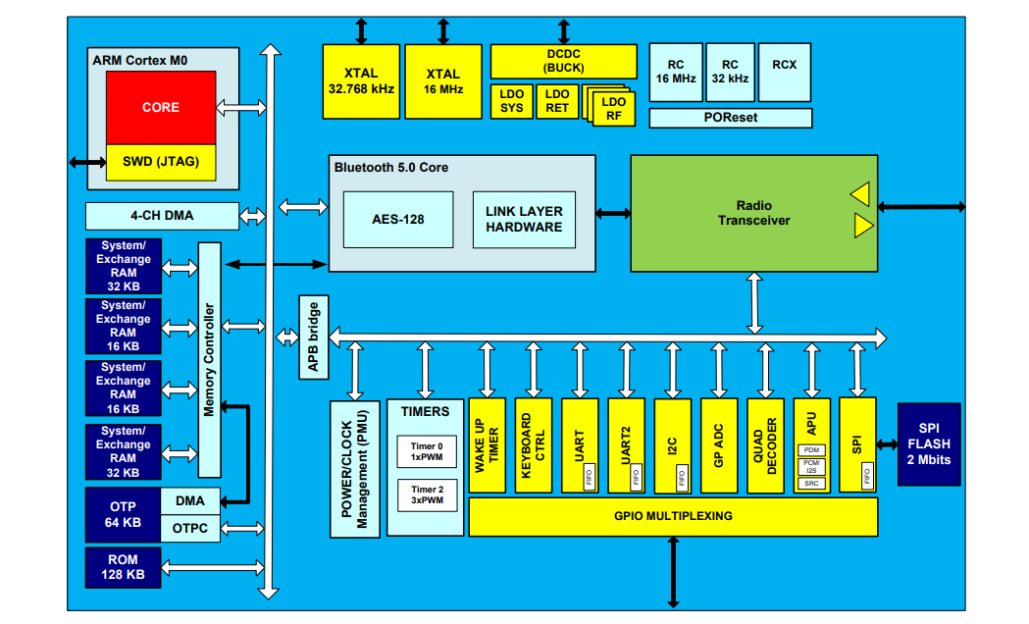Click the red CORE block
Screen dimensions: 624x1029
click(x=161, y=107)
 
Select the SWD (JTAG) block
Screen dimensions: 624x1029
click(x=161, y=162)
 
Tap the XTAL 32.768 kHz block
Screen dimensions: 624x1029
click(x=361, y=80)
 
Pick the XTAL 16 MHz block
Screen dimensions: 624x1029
click(x=443, y=80)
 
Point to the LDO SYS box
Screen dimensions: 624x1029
click(x=511, y=101)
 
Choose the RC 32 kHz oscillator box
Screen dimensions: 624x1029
click(x=730, y=72)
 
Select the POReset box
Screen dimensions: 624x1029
click(x=731, y=118)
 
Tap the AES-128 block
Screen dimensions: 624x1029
click(x=398, y=220)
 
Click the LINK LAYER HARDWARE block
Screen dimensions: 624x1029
click(x=524, y=220)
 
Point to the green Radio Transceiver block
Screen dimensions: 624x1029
click(x=753, y=213)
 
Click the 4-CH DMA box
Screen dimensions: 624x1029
click(x=162, y=216)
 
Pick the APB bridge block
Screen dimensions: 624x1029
click(x=313, y=338)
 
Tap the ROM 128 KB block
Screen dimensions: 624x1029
click(x=123, y=566)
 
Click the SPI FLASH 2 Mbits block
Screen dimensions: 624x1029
click(x=928, y=444)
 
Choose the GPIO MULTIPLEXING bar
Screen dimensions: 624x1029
click(x=673, y=516)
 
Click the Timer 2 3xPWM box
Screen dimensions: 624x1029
click(x=427, y=494)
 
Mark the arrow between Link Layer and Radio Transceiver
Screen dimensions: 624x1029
click(x=612, y=212)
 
